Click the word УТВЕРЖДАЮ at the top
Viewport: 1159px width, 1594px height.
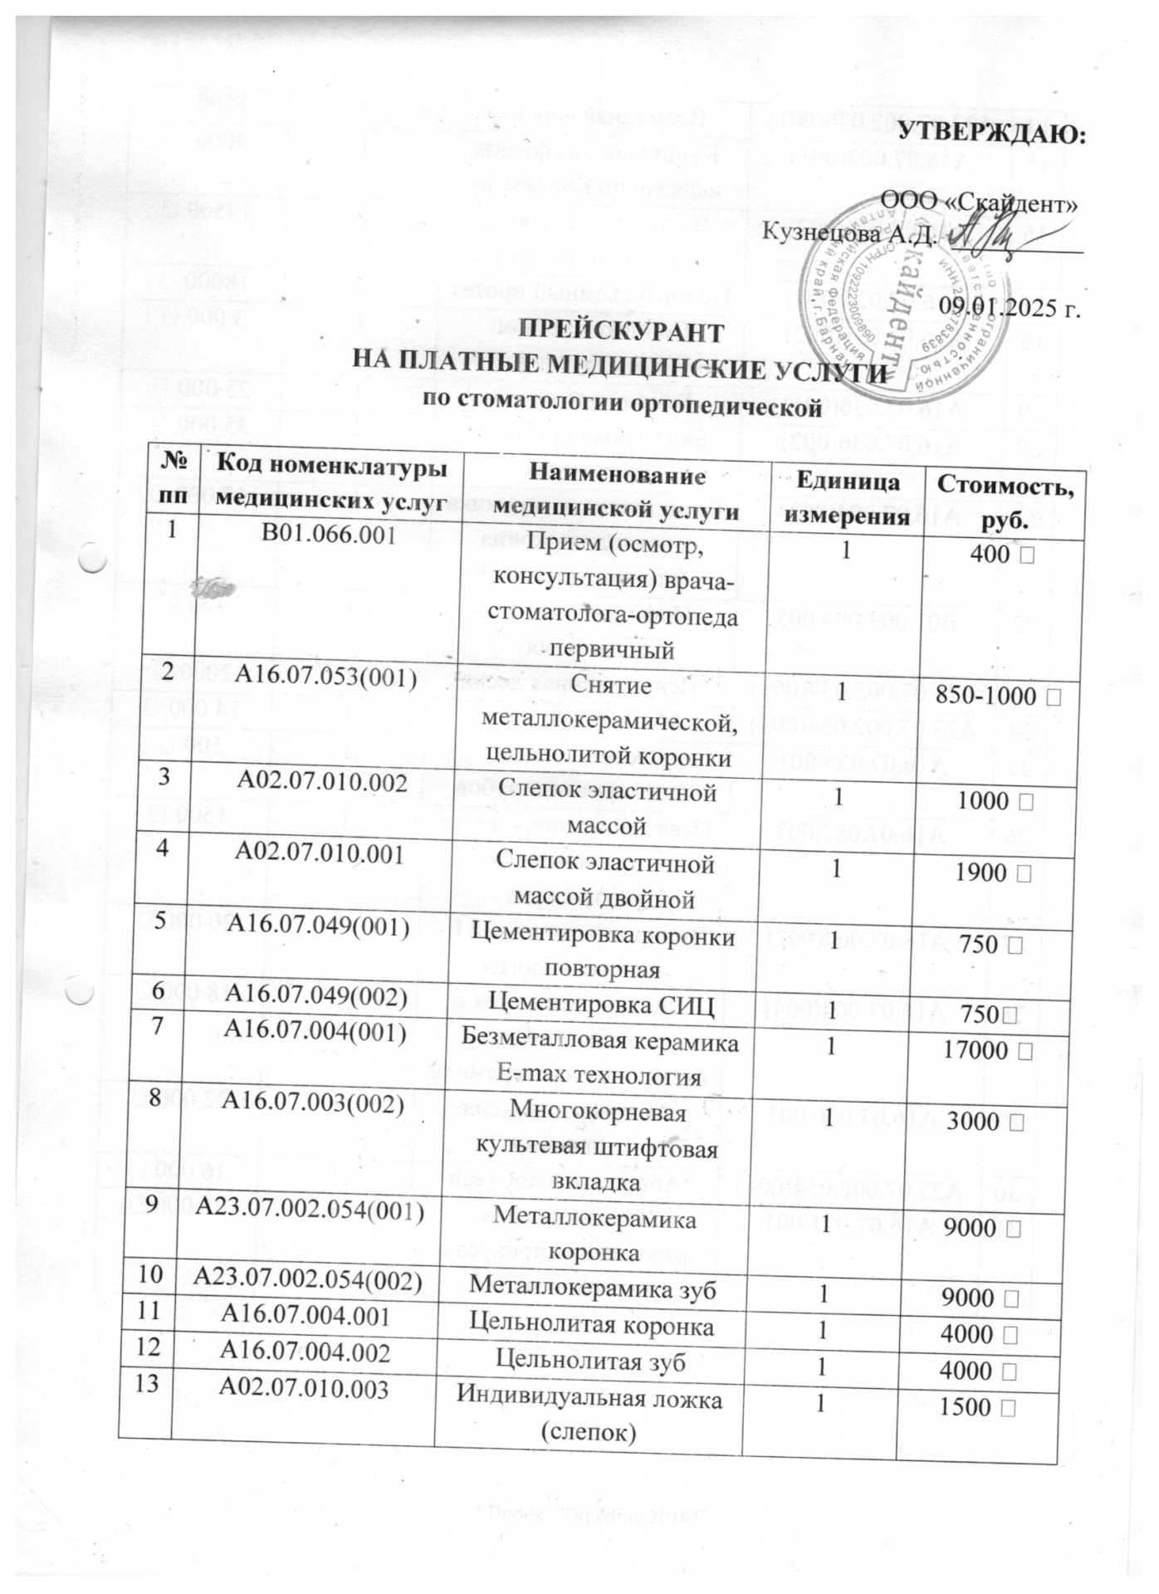point(993,134)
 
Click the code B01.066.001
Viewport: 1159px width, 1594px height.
point(328,535)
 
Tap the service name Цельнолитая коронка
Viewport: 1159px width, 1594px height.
point(592,1326)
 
